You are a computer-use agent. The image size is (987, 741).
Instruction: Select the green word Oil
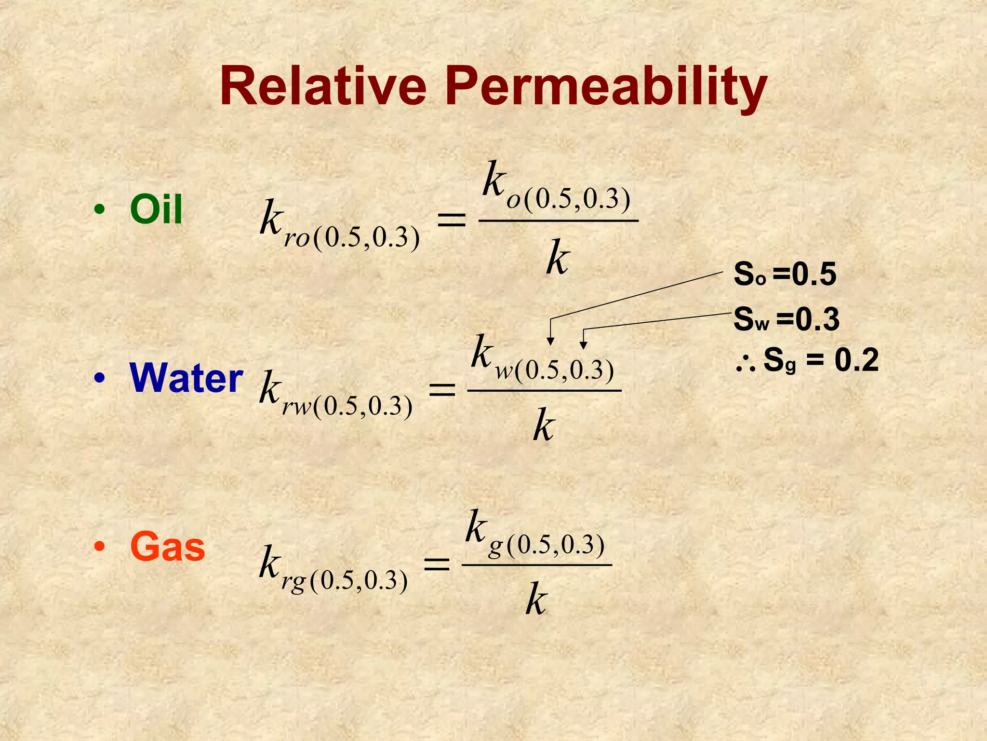point(156,209)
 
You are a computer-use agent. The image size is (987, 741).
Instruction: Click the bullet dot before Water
point(99,378)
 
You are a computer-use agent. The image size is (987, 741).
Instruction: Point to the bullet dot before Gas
point(99,547)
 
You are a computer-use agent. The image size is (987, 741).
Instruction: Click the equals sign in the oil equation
point(451,220)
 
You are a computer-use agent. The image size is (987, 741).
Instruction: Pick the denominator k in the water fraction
point(544,425)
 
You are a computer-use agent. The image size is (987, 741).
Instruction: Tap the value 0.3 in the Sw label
point(817,319)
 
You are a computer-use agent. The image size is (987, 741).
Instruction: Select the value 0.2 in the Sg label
point(856,360)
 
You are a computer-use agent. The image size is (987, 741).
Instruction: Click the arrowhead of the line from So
point(550,342)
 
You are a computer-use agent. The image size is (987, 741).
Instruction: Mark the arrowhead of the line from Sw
point(583,345)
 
